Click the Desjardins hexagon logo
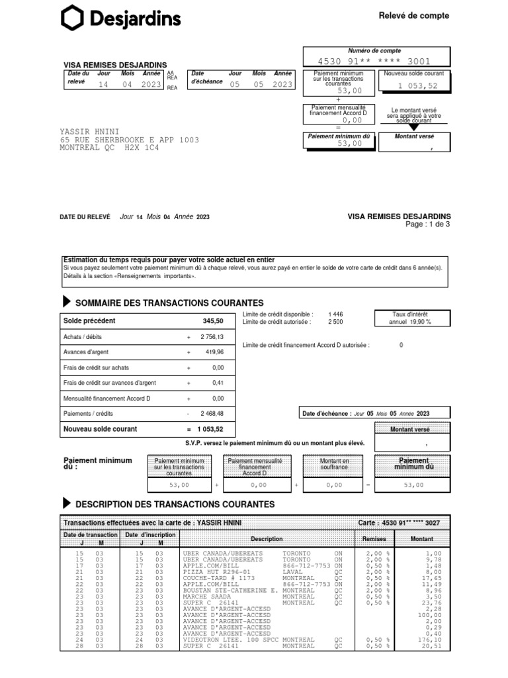pos(71,17)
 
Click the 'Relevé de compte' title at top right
pos(413,15)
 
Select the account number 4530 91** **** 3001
pos(374,62)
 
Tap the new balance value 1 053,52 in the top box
pos(417,86)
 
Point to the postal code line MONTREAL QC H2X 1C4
pos(109,148)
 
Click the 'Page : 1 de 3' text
pos(427,224)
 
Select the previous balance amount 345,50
pos(212,320)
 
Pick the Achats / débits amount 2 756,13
pos(212,337)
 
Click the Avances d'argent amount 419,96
pos(214,352)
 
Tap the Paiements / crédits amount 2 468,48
pos(212,413)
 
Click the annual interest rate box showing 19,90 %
pos(410,318)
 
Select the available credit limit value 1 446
pos(335,314)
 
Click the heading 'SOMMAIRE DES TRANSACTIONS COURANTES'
pos(169,303)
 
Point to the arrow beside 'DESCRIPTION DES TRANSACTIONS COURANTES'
pos(67,504)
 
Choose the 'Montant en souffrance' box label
pos(334,463)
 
